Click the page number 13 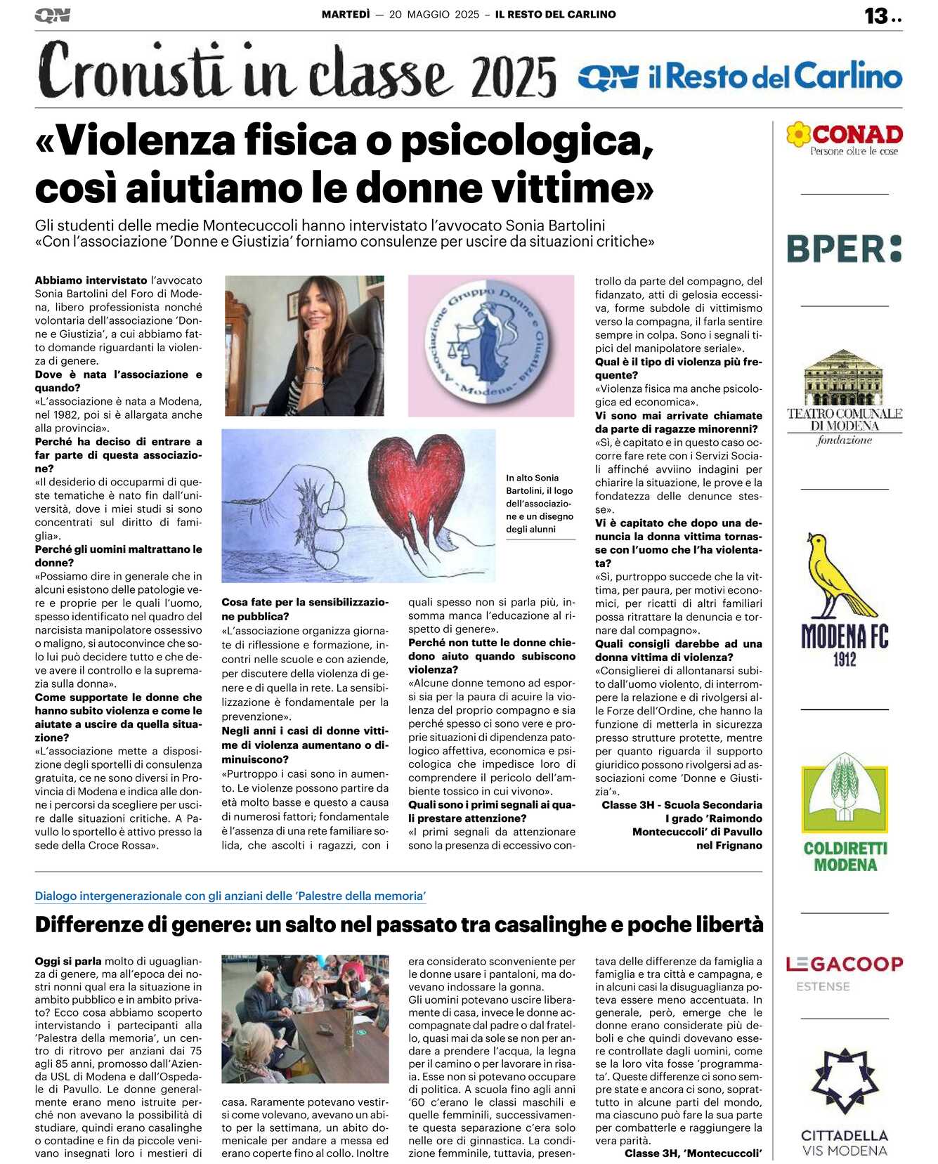[x=875, y=16]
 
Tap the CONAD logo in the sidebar [x=845, y=138]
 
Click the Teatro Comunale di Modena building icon [x=843, y=377]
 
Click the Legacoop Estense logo [x=844, y=971]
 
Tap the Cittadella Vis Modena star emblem [x=845, y=1082]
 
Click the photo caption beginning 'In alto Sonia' [x=540, y=504]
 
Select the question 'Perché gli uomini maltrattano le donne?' [x=118, y=556]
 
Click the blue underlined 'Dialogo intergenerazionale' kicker [x=230, y=896]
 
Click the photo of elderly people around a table [x=305, y=1019]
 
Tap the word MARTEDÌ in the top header [x=345, y=14]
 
